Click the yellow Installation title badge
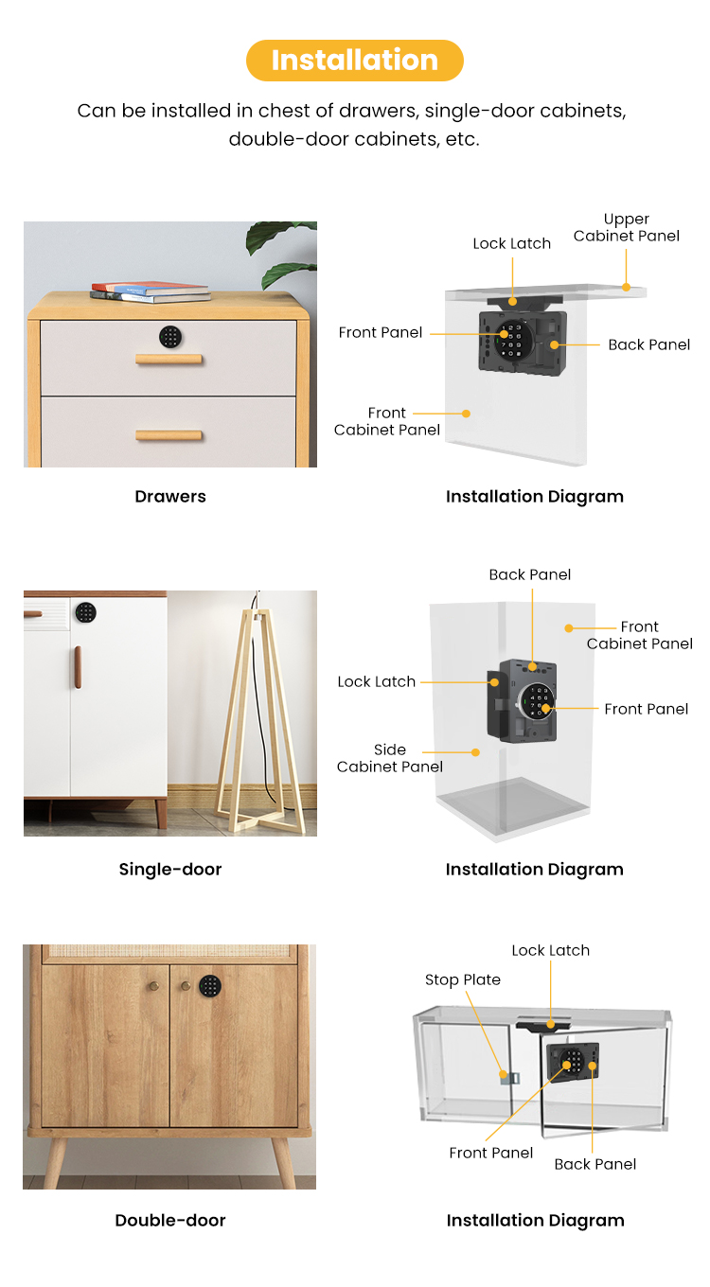click(x=355, y=61)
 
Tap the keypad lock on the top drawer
click(x=170, y=337)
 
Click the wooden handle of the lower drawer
click(x=169, y=435)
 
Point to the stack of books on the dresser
click(x=151, y=291)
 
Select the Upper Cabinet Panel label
click(x=626, y=227)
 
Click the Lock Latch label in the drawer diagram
click(x=511, y=243)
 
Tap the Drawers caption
click(x=170, y=497)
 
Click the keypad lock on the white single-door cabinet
click(x=85, y=612)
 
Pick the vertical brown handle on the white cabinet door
click(x=78, y=667)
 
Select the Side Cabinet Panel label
click(x=390, y=758)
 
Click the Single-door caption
click(x=170, y=870)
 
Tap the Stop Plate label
click(x=463, y=979)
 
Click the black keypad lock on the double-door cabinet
click(x=210, y=986)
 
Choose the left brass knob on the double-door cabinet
click(x=154, y=986)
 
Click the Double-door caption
click(x=170, y=1221)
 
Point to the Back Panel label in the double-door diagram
click(x=595, y=1164)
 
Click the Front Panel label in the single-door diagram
click(x=647, y=709)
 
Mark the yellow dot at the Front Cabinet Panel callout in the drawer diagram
click(x=467, y=414)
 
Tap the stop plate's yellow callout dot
click(x=503, y=1074)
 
